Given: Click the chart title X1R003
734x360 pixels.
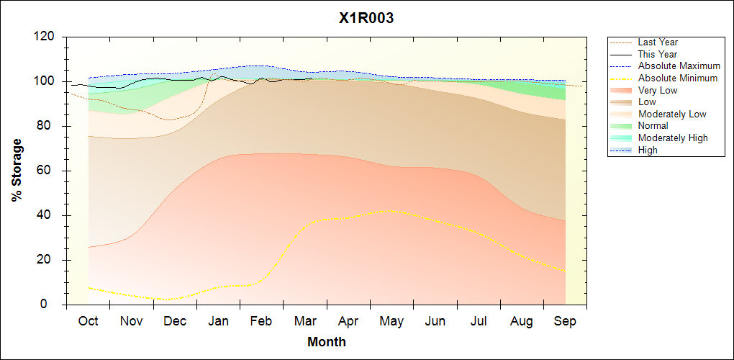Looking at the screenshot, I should click(x=366, y=19).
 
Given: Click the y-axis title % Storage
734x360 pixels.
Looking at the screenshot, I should click(x=17, y=174).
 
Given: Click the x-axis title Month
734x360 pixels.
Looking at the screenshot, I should click(x=326, y=342).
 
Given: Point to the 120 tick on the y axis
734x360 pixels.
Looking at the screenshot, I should click(x=48, y=37).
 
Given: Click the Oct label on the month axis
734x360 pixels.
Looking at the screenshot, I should click(x=88, y=321).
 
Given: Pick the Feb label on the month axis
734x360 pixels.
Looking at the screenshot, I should click(x=261, y=321).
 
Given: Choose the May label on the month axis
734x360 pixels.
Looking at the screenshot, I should click(x=391, y=321).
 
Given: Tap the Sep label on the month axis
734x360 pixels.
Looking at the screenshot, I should click(x=565, y=321).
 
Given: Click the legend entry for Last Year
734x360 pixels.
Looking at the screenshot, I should click(x=658, y=42).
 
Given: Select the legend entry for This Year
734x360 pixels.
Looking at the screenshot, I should click(x=657, y=55).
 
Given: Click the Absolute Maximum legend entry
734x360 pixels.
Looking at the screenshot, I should click(x=679, y=66).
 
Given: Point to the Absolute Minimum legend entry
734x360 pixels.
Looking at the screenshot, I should click(x=678, y=78).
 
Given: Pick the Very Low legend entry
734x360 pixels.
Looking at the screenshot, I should click(x=658, y=90).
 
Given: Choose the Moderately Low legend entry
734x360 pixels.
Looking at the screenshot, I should click(x=672, y=114).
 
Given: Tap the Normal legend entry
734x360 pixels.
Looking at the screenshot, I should click(x=653, y=126).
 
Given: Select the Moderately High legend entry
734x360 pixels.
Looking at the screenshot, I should click(x=673, y=138).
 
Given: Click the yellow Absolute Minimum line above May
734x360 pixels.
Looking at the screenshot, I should click(x=391, y=211).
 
